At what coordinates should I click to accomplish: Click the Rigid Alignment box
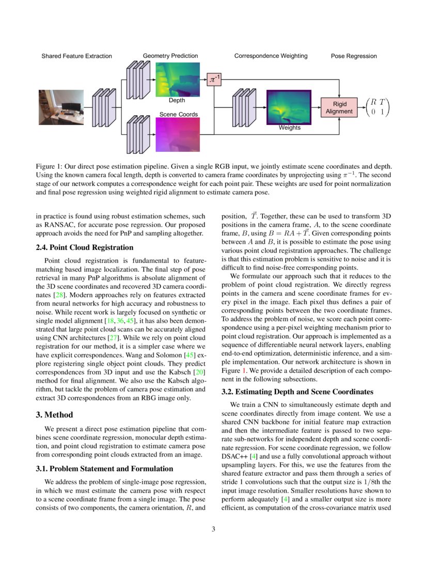coord(339,107)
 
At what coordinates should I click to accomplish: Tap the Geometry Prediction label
coord(170,56)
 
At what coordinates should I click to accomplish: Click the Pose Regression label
coord(354,56)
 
